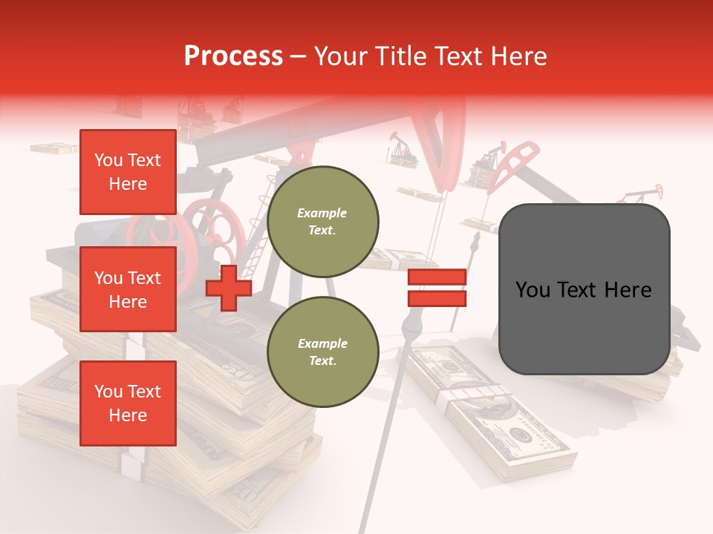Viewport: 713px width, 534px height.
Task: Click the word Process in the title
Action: point(233,56)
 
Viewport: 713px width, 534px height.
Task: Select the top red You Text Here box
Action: point(128,172)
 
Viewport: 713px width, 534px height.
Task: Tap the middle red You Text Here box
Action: point(128,289)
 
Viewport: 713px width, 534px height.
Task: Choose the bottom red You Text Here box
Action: point(128,403)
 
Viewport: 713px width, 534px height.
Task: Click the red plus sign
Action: point(229,288)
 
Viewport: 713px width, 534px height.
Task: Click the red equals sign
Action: point(437,288)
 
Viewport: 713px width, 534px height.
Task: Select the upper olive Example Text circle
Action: point(323,221)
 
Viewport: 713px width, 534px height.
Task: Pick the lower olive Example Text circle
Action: point(323,352)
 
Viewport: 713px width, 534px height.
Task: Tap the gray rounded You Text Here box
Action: point(584,289)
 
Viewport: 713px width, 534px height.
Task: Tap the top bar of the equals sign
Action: point(437,277)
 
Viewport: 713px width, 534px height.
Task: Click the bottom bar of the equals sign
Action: point(437,298)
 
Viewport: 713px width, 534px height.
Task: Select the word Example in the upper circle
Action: point(322,213)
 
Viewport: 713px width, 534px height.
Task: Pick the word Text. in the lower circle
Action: point(322,361)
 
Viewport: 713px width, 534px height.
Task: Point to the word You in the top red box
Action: point(108,160)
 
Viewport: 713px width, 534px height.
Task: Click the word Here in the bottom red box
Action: point(128,415)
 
